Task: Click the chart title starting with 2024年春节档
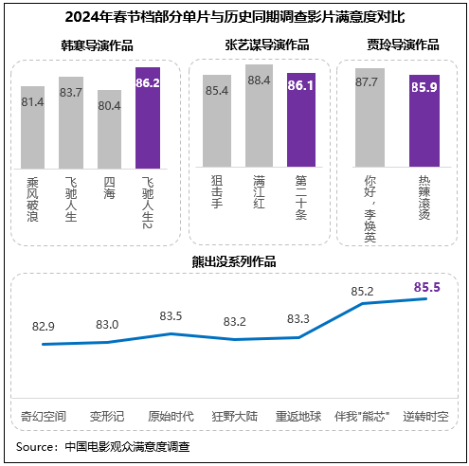coord(234,16)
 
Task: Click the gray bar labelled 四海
coord(110,130)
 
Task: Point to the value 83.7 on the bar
coord(72,92)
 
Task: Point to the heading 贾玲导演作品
coord(403,45)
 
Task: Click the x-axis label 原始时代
coord(171,416)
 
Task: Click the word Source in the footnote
coord(35,445)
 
